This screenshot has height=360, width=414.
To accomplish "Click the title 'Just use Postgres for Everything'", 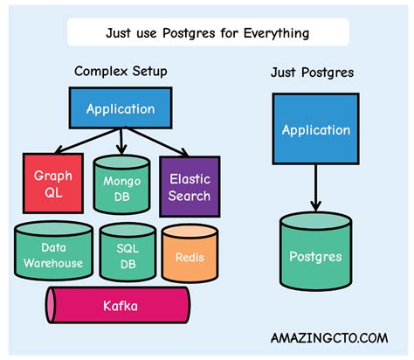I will point(207,34).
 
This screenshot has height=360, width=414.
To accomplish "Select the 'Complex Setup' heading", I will point(120,71).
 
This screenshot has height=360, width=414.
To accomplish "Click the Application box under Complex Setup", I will point(121,110).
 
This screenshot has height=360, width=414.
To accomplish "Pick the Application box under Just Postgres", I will point(315,130).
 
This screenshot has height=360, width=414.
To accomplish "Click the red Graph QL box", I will point(53,183).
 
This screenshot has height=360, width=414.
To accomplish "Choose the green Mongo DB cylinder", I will point(121,184).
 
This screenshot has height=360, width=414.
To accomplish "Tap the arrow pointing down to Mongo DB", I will point(121,140).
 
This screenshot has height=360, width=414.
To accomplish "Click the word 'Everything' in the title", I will point(275,34).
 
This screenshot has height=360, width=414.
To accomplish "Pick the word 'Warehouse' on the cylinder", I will point(54,262).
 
